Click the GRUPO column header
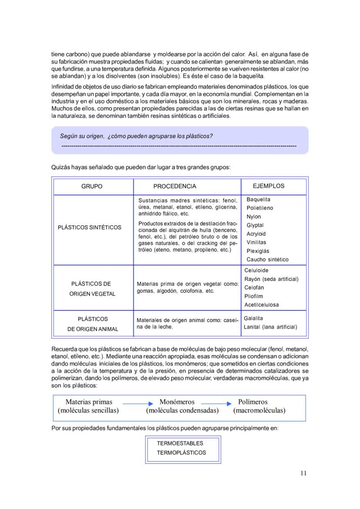pyautogui.click(x=92, y=186)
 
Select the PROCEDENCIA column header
pyautogui.click(x=174, y=186)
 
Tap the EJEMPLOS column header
pyautogui.click(x=268, y=186)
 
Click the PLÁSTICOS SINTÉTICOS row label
pyautogui.click(x=90, y=227)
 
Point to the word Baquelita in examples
pyautogui.click(x=258, y=200)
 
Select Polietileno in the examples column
pyautogui.click(x=260, y=208)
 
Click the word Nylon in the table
pyautogui.click(x=253, y=217)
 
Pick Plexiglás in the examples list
pyautogui.click(x=258, y=251)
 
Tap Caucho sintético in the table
pyautogui.click(x=267, y=259)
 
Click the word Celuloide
pyautogui.click(x=257, y=271)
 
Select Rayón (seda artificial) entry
pyautogui.click(x=271, y=279)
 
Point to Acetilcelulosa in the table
pyautogui.click(x=262, y=305)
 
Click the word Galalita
pyautogui.click(x=253, y=319)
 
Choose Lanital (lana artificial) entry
pyautogui.click(x=270, y=327)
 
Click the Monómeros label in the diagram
pyautogui.click(x=177, y=402)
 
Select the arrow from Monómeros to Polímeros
pyautogui.click(x=216, y=404)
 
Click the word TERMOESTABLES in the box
pyautogui.click(x=180, y=444)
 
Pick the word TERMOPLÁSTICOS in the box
pyautogui.click(x=182, y=452)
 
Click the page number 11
pyautogui.click(x=303, y=473)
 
